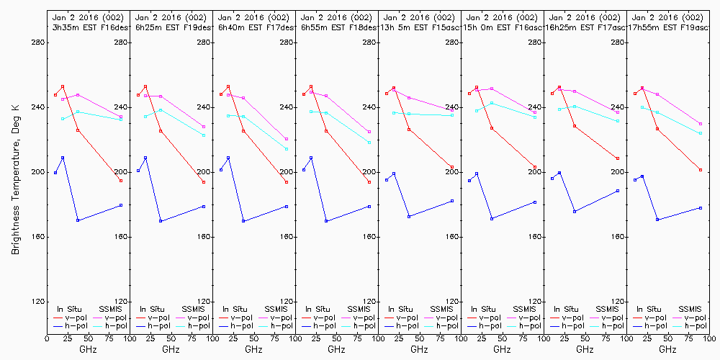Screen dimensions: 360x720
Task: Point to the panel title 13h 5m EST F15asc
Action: [420, 27]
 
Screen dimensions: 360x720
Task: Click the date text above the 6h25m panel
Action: [171, 17]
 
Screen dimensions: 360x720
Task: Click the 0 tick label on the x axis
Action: [47, 336]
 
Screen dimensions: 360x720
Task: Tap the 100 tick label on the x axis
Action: [129, 336]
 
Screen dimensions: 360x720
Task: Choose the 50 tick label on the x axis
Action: [88, 336]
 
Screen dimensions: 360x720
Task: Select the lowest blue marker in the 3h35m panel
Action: [78, 220]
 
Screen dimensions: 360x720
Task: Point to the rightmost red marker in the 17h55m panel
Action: [701, 170]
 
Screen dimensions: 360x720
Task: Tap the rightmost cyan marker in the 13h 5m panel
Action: [452, 115]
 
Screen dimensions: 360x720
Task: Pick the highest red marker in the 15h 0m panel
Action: [477, 87]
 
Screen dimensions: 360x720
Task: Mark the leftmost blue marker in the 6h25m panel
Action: [138, 171]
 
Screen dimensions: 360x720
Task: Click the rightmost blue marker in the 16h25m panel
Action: [618, 191]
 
